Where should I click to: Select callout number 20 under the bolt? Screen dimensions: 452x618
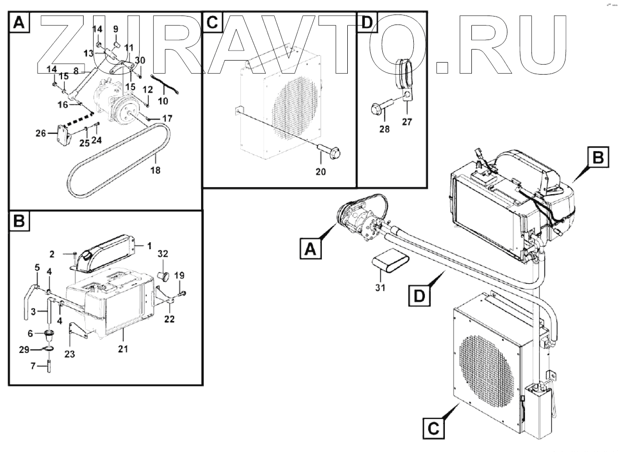pyautogui.click(x=320, y=172)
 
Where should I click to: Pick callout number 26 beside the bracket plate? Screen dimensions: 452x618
pyautogui.click(x=41, y=133)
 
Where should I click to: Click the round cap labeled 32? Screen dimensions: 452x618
pyautogui.click(x=163, y=275)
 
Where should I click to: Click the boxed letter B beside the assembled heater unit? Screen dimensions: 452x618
pyautogui.click(x=597, y=158)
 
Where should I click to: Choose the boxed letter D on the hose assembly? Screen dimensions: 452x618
pyautogui.click(x=418, y=296)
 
